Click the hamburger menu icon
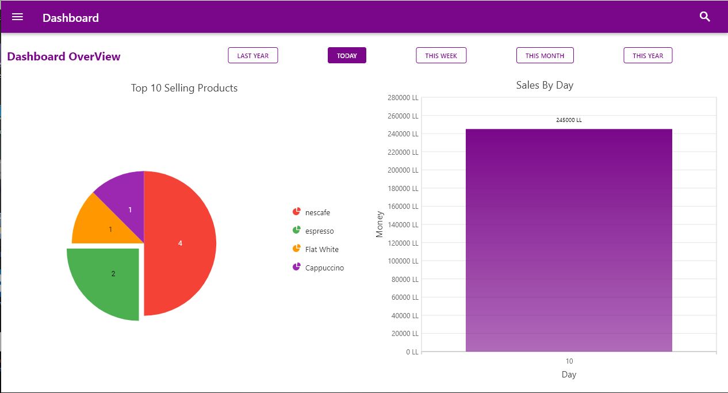point(17,17)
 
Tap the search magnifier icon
point(705,17)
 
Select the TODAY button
point(347,56)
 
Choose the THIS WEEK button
point(441,56)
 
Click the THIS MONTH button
point(545,56)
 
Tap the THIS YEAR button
point(647,56)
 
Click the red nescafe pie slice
point(180,243)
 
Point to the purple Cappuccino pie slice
point(127,201)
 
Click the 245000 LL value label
point(569,120)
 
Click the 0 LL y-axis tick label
point(412,352)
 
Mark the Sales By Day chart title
point(545,85)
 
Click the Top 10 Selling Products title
point(184,88)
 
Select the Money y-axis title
point(380,224)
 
